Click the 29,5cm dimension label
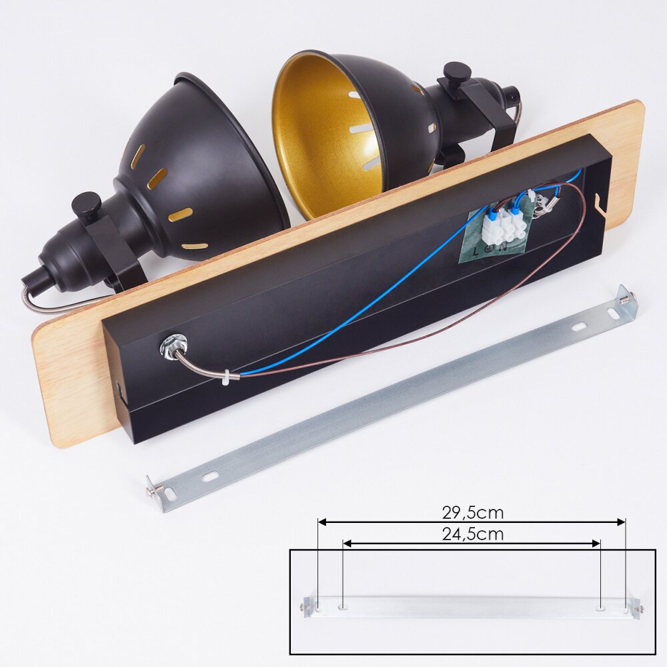pos(473,512)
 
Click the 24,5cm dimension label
pos(473,534)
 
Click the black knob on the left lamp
pos(86,203)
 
